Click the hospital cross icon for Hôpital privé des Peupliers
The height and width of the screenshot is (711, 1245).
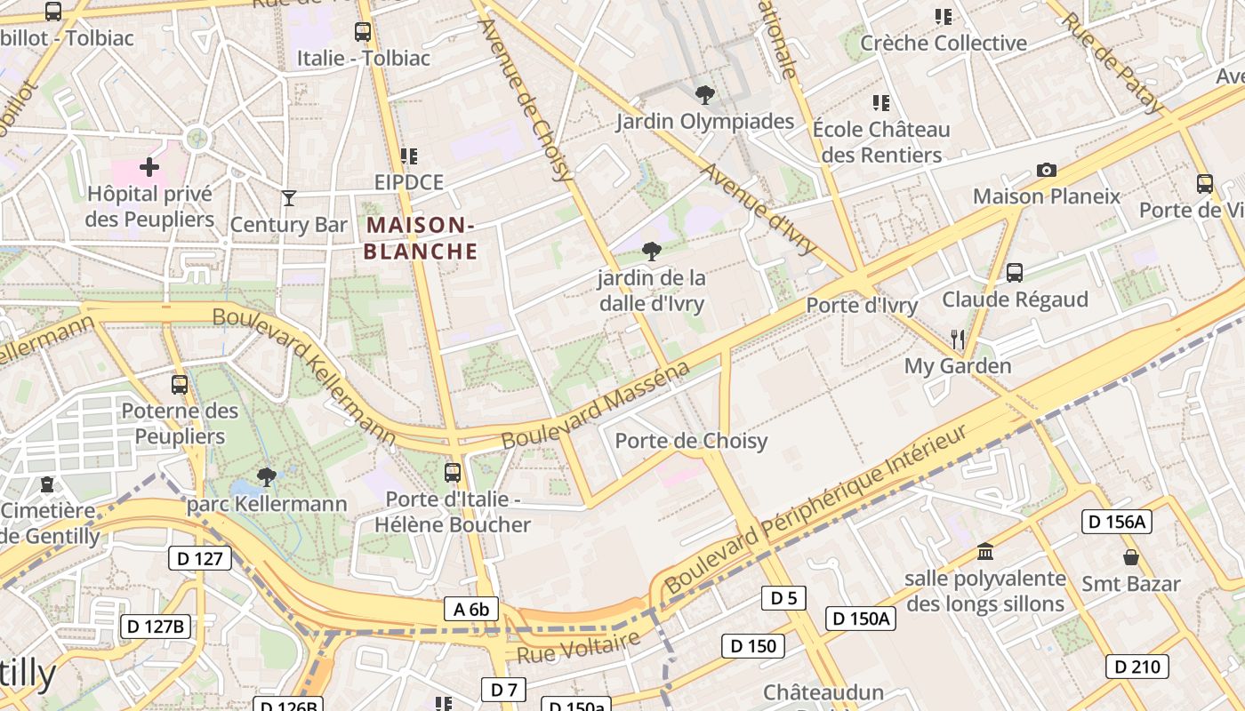[149, 166]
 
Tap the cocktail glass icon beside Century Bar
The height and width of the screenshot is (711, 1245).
[289, 197]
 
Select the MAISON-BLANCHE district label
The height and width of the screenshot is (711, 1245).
[421, 238]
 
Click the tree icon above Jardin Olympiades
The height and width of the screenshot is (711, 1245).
[704, 94]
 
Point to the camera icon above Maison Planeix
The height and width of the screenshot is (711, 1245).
[1047, 170]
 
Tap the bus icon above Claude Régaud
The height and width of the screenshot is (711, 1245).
[1015, 272]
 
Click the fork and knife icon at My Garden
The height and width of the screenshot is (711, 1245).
[958, 339]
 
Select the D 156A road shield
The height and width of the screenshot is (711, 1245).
[1116, 522]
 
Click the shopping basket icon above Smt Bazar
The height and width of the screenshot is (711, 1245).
[1131, 557]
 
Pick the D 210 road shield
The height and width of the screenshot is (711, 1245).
[1137, 666]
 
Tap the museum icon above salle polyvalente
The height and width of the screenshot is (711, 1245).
[984, 552]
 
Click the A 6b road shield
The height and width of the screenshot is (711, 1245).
[471, 609]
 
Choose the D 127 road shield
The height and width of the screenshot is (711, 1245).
[200, 558]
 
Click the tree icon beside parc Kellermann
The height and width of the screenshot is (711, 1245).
[266, 477]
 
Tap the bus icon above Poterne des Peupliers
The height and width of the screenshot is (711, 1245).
[180, 384]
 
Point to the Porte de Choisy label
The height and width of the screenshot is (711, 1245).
[691, 441]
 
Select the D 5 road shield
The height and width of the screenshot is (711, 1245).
[783, 598]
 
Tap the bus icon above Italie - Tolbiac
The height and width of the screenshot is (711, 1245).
[363, 32]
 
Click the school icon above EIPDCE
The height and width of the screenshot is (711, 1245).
[408, 156]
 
